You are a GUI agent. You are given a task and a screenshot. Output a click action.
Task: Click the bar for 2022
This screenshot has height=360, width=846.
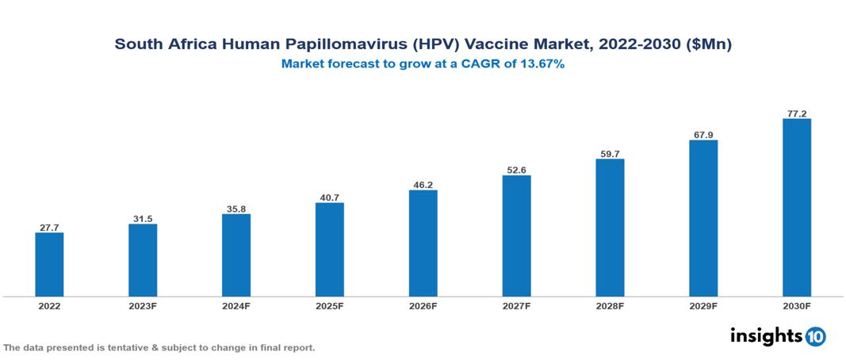[x=49, y=265]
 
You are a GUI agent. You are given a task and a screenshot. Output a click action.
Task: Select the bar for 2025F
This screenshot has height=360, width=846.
[x=329, y=250]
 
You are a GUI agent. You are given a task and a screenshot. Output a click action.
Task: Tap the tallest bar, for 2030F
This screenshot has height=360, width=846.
[x=796, y=208]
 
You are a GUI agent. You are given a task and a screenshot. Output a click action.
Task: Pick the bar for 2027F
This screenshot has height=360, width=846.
[x=516, y=236]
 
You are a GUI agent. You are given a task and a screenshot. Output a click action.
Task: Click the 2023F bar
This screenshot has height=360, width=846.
[x=143, y=260]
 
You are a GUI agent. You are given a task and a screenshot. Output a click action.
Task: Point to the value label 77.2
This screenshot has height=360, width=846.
[x=796, y=113]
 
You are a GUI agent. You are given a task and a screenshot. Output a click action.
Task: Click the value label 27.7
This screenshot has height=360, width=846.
[x=49, y=228]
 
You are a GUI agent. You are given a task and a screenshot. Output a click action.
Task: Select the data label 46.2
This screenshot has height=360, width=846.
[x=423, y=185]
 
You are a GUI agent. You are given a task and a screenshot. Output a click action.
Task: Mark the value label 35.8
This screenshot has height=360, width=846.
[x=236, y=209]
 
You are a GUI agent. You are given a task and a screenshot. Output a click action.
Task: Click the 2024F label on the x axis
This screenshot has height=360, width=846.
[x=236, y=305]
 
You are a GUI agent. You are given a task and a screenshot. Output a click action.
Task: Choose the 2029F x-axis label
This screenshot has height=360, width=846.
[x=703, y=305]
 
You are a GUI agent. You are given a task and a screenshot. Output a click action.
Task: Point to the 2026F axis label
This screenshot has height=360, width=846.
[x=423, y=305]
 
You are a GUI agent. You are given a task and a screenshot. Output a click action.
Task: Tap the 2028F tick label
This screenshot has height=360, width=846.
[x=610, y=305]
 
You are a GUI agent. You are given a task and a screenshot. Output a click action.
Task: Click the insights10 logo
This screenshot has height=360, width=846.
[x=777, y=336]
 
